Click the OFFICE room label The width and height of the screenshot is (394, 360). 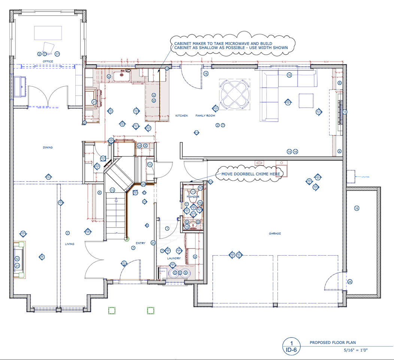[48, 61]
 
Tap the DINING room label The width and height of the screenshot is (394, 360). [48, 147]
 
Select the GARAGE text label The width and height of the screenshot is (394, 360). [275, 234]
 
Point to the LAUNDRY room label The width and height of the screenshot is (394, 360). [174, 258]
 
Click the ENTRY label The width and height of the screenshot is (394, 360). [140, 243]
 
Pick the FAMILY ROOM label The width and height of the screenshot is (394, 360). [205, 116]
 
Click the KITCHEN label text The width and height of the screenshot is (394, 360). [182, 116]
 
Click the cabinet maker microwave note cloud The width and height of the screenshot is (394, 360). [231, 45]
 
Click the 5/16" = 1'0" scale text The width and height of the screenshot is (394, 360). [356, 350]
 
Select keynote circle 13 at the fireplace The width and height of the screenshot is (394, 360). [345, 112]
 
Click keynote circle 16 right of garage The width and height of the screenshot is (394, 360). [357, 208]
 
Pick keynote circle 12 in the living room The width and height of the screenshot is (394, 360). [17, 259]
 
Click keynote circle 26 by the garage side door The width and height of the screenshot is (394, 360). [350, 282]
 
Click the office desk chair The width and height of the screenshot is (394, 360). [48, 47]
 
